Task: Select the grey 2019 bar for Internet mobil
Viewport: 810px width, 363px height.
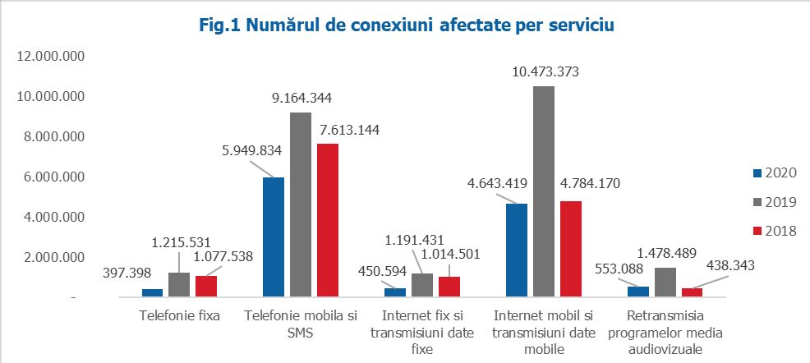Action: (543, 191)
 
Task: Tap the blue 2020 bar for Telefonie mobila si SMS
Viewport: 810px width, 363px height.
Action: (274, 236)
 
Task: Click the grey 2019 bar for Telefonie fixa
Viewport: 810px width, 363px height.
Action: (179, 283)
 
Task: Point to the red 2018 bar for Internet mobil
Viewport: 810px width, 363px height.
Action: (570, 248)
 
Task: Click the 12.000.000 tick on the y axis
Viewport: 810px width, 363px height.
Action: (51, 57)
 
